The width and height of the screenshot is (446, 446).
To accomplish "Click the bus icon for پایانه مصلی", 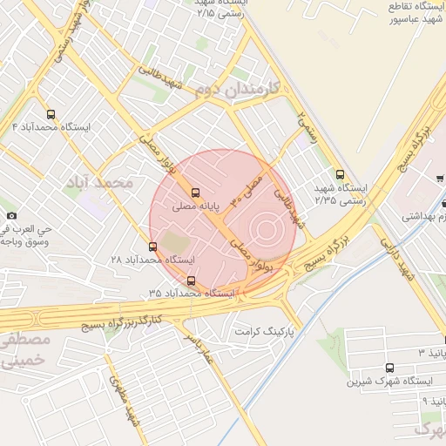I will [194, 193].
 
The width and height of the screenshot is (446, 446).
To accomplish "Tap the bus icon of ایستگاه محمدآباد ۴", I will [51, 113].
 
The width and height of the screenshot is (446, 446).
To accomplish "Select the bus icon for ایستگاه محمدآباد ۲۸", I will [153, 247].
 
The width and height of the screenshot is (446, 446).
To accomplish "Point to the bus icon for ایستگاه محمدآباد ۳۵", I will [192, 280].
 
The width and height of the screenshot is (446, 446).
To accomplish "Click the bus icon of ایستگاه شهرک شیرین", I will [388, 368].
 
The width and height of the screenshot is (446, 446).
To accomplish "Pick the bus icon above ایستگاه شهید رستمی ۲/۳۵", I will [340, 173].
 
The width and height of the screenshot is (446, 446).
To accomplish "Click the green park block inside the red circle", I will [174, 241].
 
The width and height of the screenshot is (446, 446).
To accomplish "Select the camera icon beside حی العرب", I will [10, 215].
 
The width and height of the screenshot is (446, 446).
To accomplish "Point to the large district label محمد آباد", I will [104, 182].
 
